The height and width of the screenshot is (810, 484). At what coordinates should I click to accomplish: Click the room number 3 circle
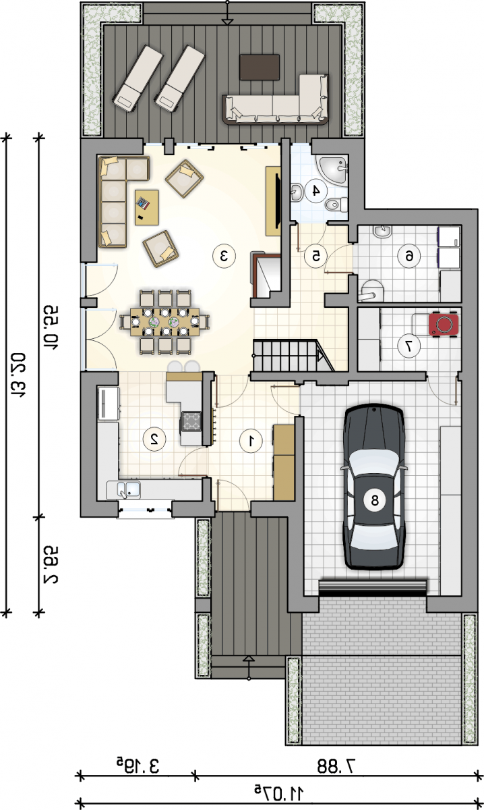pyautogui.click(x=224, y=256)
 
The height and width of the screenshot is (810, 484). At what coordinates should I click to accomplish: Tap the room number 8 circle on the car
pyautogui.click(x=374, y=500)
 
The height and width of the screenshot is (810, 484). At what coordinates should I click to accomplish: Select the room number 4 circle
pyautogui.click(x=315, y=190)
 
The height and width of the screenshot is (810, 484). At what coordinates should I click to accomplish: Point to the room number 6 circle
pyautogui.click(x=409, y=256)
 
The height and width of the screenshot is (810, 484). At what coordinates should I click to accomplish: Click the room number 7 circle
pyautogui.click(x=409, y=346)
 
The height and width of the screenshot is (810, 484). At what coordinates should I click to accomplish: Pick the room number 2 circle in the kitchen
pyautogui.click(x=154, y=439)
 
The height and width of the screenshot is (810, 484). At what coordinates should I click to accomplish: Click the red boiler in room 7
pyautogui.click(x=444, y=325)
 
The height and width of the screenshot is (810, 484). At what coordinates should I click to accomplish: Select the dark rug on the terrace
pyautogui.click(x=260, y=67)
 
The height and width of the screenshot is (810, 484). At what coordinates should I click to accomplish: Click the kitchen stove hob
pyautogui.click(x=191, y=421)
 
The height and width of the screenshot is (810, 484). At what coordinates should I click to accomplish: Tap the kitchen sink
pyautogui.click(x=123, y=490)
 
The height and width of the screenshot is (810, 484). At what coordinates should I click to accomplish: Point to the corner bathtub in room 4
pyautogui.click(x=332, y=169)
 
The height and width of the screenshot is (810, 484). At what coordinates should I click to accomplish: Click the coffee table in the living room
pyautogui.click(x=147, y=208)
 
